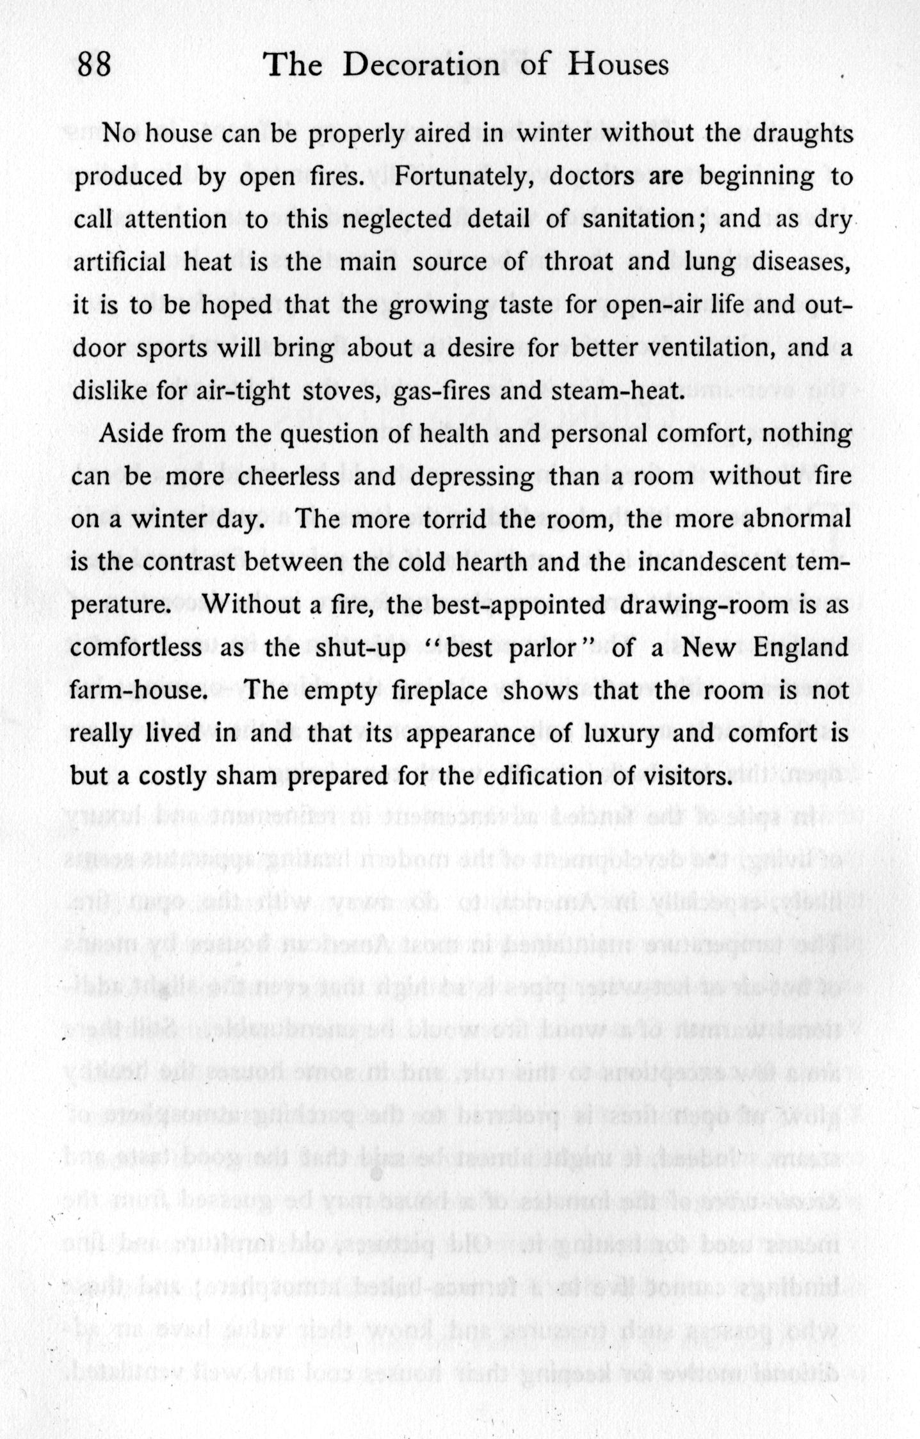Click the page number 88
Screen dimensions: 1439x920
tap(94, 65)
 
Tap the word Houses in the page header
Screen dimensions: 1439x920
tap(618, 65)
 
